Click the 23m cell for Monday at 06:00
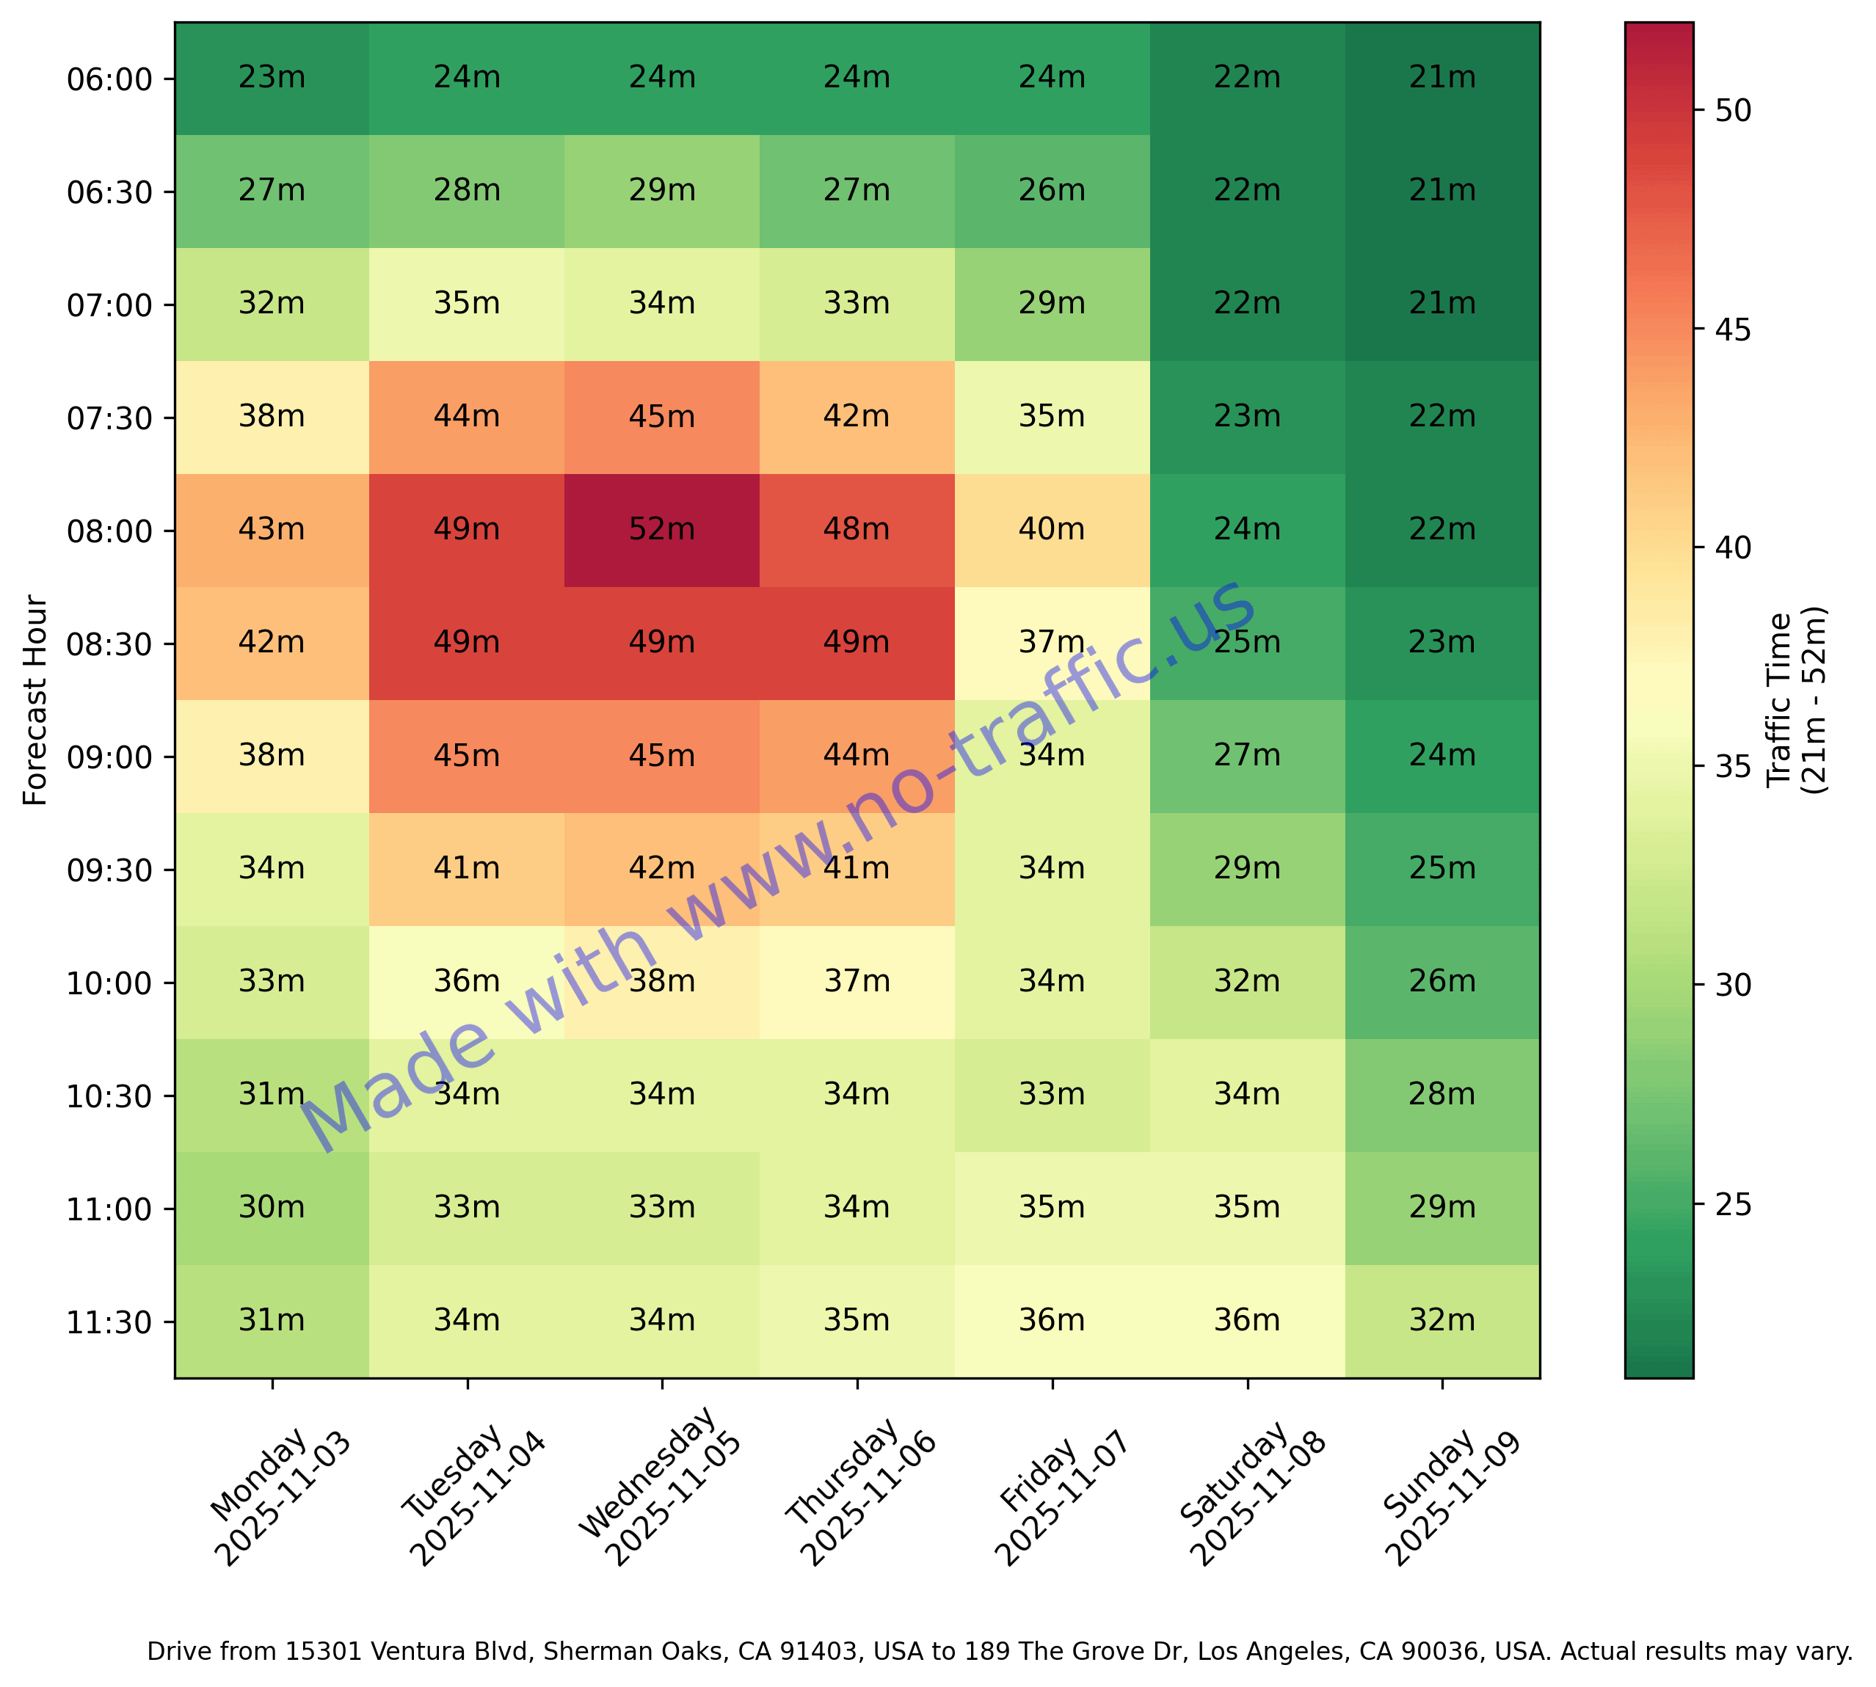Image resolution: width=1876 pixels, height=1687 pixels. [272, 78]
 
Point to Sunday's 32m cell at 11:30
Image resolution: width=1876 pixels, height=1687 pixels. [1442, 1320]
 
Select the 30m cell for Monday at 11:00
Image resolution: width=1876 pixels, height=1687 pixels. [272, 1208]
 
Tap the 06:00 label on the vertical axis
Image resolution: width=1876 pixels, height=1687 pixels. [109, 80]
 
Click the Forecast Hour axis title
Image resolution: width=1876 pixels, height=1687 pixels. [35, 701]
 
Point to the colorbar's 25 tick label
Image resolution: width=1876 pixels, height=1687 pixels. [1732, 1205]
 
